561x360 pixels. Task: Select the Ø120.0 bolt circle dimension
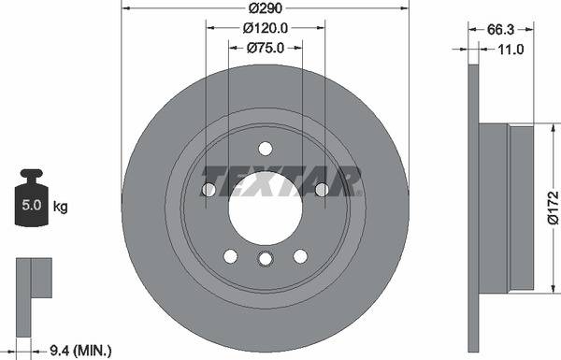pyautogui.click(x=266, y=29)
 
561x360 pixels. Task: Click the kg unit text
pyautogui.click(x=61, y=205)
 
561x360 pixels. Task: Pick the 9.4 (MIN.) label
pyautogui.click(x=80, y=350)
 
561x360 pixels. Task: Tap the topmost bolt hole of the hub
pyautogui.click(x=265, y=148)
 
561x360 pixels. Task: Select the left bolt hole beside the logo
pyautogui.click(x=209, y=190)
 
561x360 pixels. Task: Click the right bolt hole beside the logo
pyautogui.click(x=322, y=190)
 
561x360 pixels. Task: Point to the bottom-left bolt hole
pyautogui.click(x=230, y=256)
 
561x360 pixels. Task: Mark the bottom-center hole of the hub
pyautogui.click(x=265, y=260)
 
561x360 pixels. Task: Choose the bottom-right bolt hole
pyautogui.click(x=300, y=256)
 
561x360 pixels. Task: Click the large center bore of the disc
pyautogui.click(x=265, y=208)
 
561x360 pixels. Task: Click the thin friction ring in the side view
pyautogui.click(x=473, y=208)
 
